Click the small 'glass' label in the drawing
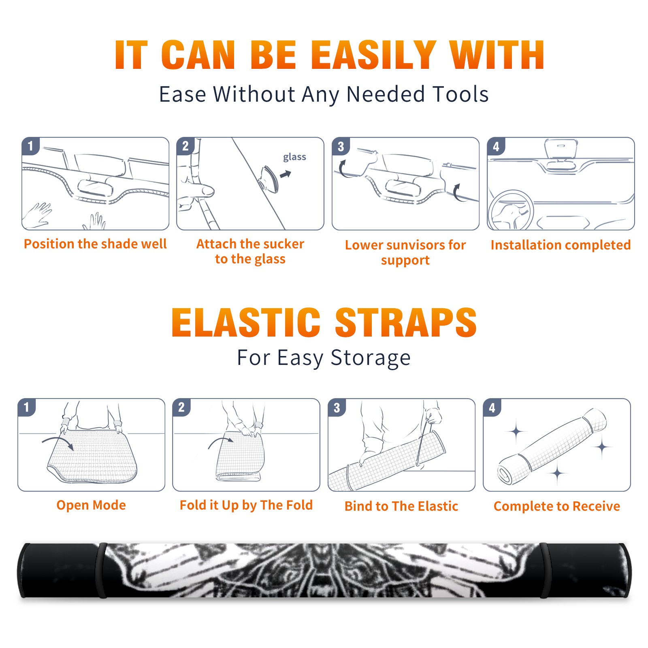(x=294, y=157)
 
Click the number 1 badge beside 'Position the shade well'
(x=30, y=145)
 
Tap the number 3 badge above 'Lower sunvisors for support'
(x=341, y=146)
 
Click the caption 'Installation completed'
(x=561, y=245)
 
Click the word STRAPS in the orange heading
(x=406, y=322)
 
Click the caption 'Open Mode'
(x=91, y=505)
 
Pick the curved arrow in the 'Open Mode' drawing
(x=58, y=441)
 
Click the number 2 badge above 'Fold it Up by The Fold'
(x=181, y=407)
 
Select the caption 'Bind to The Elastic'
(x=401, y=506)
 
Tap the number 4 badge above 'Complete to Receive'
(x=492, y=407)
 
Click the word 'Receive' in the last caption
(x=596, y=506)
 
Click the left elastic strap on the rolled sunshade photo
(x=102, y=570)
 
